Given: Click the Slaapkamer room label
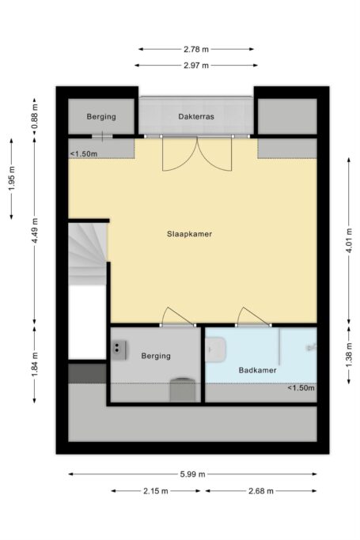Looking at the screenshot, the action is pos(189,234).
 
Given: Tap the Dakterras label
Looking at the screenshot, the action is pos(196,116).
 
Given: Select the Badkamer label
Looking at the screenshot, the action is pos(257,370).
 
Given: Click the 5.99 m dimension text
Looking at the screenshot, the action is pos(192,474).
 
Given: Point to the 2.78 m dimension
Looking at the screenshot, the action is pos(196,49).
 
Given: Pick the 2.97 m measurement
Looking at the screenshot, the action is pos(196,65).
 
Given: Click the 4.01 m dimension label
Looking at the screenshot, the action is pos(349,240).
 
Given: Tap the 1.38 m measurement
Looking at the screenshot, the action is pos(349,355).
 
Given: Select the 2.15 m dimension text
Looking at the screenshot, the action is pos(156,491).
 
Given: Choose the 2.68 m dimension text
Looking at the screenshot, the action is pos(261,491).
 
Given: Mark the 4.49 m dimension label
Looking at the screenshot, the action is pos(35,230).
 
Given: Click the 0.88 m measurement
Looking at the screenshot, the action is pos(35,116).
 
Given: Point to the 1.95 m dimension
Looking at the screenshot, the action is pos(12,179).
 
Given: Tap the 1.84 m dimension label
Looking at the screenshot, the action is pos(35,364).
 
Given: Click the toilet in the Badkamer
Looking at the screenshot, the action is pos(216,349).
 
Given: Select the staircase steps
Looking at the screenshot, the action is pos(87,254).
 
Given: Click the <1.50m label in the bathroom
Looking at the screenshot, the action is pos(301,388).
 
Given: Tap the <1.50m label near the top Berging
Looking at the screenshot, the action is pos(84,154).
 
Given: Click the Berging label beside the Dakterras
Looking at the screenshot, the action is pos(101,117).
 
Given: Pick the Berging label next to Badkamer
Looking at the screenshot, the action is pos(156,356).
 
